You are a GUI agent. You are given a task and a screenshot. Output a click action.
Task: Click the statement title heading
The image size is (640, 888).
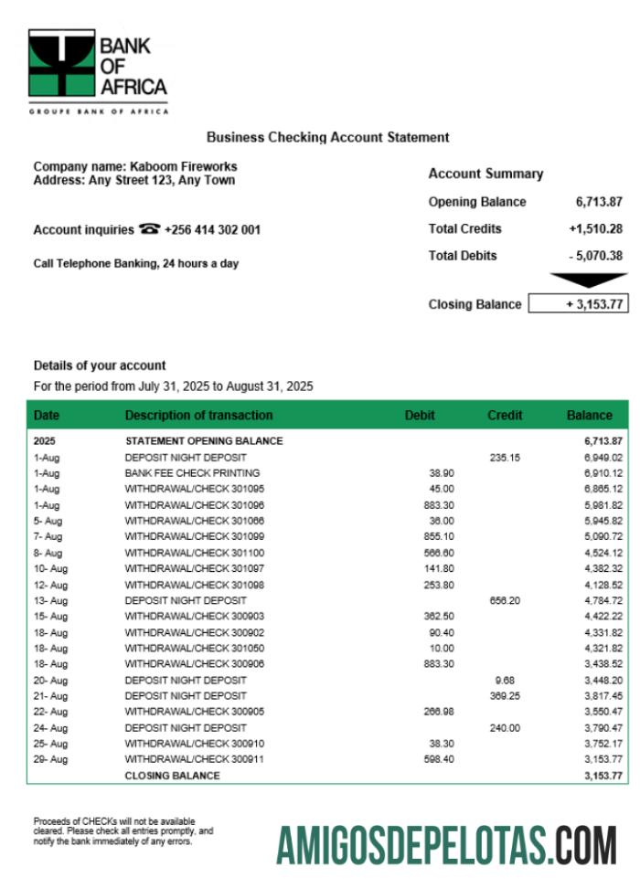327,137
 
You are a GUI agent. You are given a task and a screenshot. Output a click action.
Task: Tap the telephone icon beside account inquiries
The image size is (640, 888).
149,229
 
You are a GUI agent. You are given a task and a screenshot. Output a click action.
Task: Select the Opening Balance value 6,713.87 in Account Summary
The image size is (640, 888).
599,202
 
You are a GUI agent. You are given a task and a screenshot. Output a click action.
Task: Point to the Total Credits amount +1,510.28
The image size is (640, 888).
595,228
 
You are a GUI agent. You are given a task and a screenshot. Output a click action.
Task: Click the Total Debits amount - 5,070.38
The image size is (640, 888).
595,256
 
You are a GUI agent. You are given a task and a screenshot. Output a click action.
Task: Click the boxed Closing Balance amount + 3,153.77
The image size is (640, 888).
579,304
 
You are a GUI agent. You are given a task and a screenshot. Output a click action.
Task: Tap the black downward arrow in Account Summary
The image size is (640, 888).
588,280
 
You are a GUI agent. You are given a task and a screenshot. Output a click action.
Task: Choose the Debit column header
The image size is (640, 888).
420,415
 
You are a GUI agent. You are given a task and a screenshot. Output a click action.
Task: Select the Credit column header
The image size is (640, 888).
505,415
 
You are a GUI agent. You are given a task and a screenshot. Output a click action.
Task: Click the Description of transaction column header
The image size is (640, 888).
198,415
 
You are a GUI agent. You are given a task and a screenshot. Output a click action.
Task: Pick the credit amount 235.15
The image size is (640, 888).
504,457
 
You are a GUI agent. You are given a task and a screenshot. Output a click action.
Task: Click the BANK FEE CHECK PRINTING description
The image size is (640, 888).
192,473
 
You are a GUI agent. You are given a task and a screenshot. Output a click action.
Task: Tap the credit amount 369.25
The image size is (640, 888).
504,695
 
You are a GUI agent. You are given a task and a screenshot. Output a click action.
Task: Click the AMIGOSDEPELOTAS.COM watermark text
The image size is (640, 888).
447,845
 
